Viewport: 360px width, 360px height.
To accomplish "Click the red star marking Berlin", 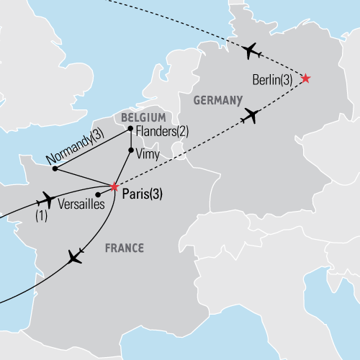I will [x=305, y=78].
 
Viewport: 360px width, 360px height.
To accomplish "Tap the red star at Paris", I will [x=114, y=185].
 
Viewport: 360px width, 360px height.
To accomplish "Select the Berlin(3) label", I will [x=273, y=81].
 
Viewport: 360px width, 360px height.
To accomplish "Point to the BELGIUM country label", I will [x=143, y=117].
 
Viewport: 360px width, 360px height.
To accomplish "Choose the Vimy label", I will [x=148, y=153].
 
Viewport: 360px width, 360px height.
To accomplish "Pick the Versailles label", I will [x=82, y=204].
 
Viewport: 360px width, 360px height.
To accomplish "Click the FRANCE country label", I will [x=124, y=248].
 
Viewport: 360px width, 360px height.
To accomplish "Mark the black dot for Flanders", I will [x=130, y=130].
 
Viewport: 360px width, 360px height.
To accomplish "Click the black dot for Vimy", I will [x=130, y=151].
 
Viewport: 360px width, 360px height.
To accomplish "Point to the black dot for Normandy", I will [x=55, y=168].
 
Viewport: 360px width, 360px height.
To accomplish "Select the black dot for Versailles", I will [x=97, y=194].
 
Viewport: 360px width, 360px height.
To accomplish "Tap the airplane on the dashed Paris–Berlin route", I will [x=251, y=114].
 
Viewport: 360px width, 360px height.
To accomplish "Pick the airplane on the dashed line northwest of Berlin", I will [x=249, y=50].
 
